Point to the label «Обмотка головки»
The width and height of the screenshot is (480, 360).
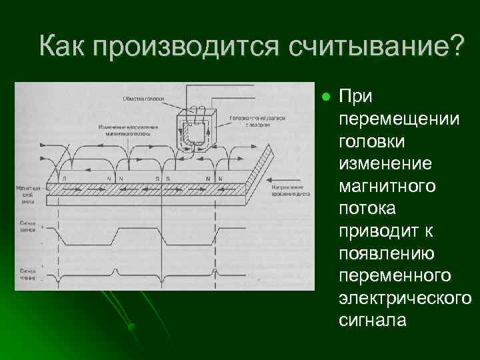click(x=143, y=99)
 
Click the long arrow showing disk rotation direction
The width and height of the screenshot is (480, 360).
click(x=287, y=177)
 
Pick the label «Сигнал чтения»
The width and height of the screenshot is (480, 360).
click(x=28, y=273)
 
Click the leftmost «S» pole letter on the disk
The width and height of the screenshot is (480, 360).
click(x=64, y=179)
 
